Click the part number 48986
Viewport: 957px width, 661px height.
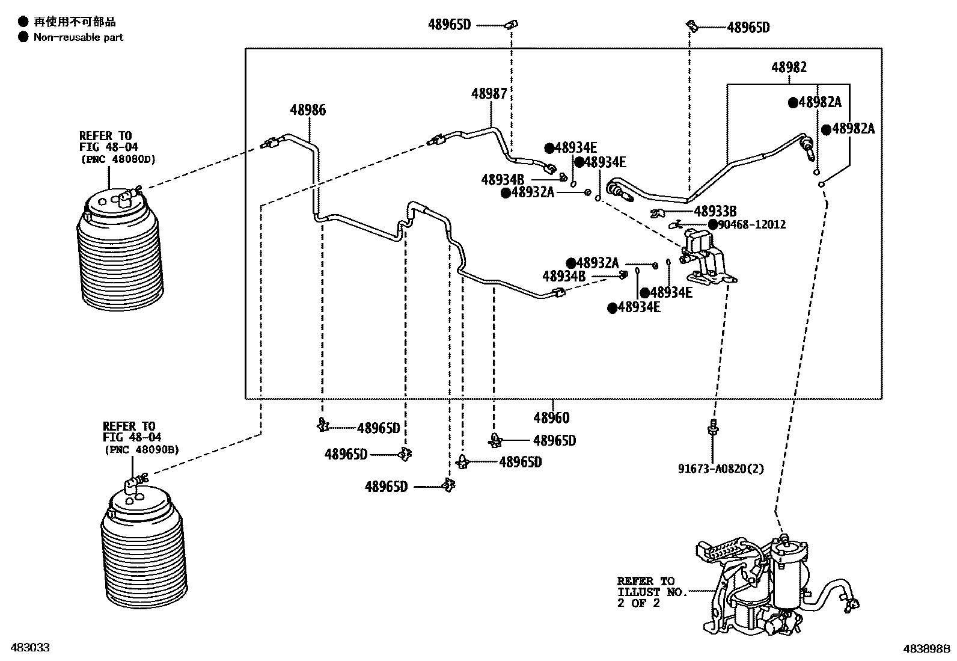coord(308,110)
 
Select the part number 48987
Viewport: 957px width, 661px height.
coord(489,94)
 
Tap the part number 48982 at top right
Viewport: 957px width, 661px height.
coord(789,67)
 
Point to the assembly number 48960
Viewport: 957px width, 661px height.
coord(551,417)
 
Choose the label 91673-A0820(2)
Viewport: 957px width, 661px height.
coord(721,469)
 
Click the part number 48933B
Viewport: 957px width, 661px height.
coord(715,211)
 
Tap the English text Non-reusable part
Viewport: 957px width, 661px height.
coord(78,37)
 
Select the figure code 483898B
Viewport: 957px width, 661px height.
coord(926,649)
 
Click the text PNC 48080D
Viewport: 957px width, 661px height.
coord(118,160)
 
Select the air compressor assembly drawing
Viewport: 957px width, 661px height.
coord(775,589)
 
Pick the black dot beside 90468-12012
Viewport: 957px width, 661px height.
coord(713,225)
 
